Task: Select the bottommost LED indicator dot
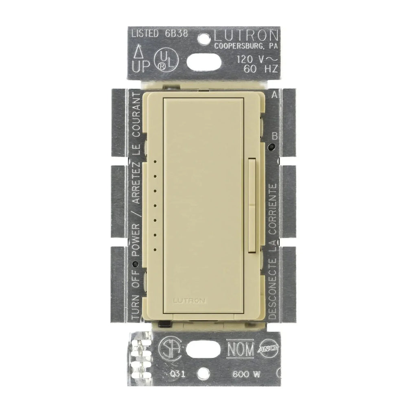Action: point(155,249)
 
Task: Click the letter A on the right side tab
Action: point(274,96)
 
